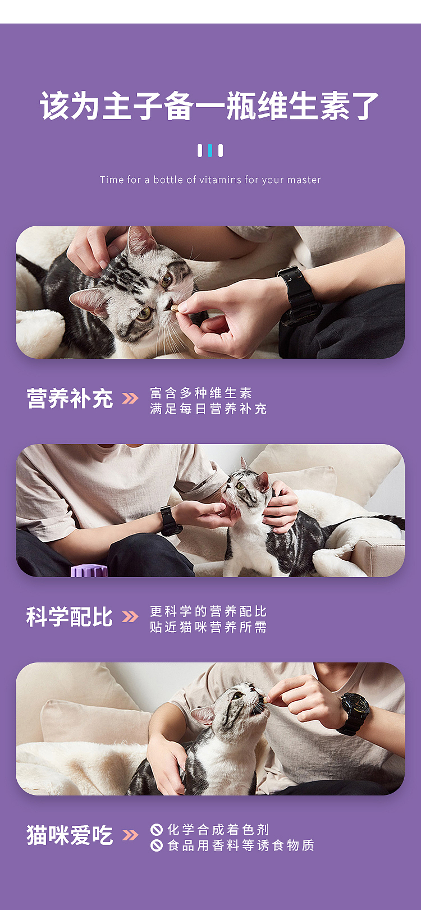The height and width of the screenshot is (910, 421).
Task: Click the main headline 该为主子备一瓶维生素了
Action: [x=210, y=106]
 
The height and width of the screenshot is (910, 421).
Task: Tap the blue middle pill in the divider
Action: [x=210, y=150]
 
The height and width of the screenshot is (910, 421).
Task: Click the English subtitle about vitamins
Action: [x=210, y=180]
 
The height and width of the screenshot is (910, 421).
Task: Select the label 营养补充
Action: [x=70, y=399]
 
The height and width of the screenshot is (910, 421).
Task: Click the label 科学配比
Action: [x=70, y=617]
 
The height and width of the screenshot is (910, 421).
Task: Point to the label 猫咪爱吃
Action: [x=70, y=835]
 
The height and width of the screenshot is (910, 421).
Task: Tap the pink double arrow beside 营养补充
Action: [x=130, y=399]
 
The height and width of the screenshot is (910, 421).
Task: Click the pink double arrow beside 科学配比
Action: [x=130, y=617]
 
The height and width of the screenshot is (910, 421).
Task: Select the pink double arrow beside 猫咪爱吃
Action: [x=130, y=835]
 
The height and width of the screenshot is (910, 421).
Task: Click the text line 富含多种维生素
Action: [x=201, y=392]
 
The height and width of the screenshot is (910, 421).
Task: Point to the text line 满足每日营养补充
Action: [x=208, y=409]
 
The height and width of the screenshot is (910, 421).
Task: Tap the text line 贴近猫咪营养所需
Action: [x=208, y=627]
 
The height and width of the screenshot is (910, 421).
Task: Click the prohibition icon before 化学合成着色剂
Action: [x=157, y=829]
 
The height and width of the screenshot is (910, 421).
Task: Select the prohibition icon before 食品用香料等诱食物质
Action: [x=157, y=845]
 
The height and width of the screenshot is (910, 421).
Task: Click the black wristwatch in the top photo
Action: [x=298, y=295]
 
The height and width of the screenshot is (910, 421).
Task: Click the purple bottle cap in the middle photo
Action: [x=89, y=571]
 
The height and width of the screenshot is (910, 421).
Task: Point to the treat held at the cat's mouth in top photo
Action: [x=175, y=308]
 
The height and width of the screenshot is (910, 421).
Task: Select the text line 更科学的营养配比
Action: [x=208, y=611]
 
